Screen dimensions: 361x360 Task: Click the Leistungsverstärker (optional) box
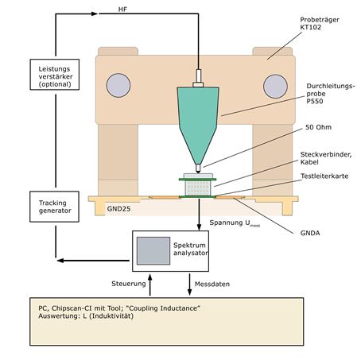pyautogui.click(x=55, y=75)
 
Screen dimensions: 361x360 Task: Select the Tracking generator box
pyautogui.click(x=54, y=207)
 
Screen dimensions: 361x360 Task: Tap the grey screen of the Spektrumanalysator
pyautogui.click(x=153, y=250)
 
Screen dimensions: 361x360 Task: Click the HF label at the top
pyautogui.click(x=122, y=10)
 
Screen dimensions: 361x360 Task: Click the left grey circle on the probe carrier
pyautogui.click(x=118, y=85)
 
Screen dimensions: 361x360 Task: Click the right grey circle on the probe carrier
pyautogui.click(x=275, y=87)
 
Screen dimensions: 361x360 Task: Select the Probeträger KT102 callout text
pyautogui.click(x=320, y=23)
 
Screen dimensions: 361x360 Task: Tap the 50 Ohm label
pyautogui.click(x=318, y=127)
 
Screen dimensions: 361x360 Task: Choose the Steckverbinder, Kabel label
pyautogui.click(x=326, y=158)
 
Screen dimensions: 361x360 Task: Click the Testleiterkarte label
pyautogui.click(x=324, y=176)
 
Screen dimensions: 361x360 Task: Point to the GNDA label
pyautogui.click(x=310, y=233)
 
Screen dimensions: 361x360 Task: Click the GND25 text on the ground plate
pyautogui.click(x=118, y=209)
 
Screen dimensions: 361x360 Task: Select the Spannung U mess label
pyautogui.click(x=235, y=223)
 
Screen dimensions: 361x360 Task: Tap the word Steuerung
pyautogui.click(x=129, y=284)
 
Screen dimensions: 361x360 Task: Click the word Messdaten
pyautogui.click(x=212, y=284)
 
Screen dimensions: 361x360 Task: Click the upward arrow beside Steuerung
pyautogui.click(x=150, y=285)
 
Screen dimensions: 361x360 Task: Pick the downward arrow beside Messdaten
pyautogui.click(x=189, y=285)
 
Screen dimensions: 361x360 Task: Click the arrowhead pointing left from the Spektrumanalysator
pyautogui.click(x=60, y=261)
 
